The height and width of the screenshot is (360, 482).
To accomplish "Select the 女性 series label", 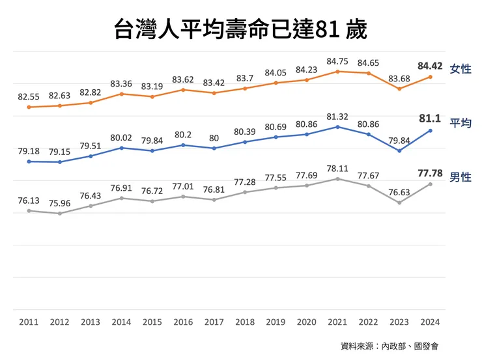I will [x=461, y=69].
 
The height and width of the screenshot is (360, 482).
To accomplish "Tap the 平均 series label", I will [x=461, y=123].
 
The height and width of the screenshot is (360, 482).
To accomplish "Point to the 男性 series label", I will [x=461, y=177].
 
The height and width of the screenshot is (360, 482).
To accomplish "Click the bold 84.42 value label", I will [x=430, y=66].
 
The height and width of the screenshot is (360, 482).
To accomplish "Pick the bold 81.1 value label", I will [x=430, y=118].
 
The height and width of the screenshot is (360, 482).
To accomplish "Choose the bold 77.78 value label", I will [x=430, y=173].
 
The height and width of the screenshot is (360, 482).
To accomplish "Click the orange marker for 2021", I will [x=337, y=71].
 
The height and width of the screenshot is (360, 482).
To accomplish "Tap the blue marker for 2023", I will [x=399, y=150].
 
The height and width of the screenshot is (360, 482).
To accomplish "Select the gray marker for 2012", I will [x=60, y=214].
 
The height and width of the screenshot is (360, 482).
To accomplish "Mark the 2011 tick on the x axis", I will [x=29, y=322].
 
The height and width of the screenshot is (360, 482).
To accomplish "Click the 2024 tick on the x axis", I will [x=430, y=322].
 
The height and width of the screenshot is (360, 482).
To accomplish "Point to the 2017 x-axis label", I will [x=214, y=322].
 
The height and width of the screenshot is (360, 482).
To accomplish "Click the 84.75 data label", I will [x=337, y=61].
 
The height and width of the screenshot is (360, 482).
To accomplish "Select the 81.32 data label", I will [x=337, y=117].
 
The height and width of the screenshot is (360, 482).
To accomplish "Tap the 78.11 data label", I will [x=337, y=168].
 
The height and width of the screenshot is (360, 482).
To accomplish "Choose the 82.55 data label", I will [x=29, y=96].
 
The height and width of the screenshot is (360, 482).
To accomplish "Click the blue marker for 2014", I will [x=122, y=148].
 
